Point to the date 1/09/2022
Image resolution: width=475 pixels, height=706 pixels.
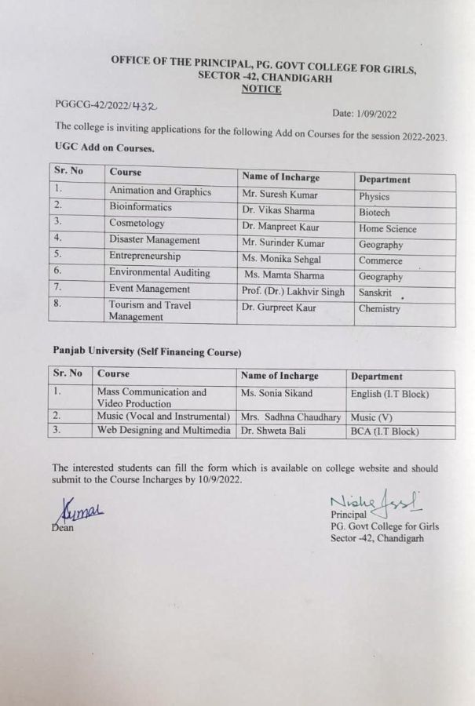coord(377,114)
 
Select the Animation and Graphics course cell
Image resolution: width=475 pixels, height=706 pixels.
coord(160,191)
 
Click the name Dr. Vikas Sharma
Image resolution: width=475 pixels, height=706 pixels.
coord(278,211)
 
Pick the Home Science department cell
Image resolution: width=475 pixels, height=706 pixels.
coord(388,229)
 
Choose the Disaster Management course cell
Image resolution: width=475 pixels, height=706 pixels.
coord(155,240)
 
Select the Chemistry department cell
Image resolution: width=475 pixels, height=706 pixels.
coord(380,309)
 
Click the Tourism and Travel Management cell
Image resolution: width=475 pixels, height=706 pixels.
coord(149,311)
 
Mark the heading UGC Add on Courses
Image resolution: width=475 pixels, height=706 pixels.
coord(104,147)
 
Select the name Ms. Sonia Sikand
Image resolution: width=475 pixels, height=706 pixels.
coord(277,393)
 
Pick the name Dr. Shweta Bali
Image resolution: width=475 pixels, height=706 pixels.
coord(271,431)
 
